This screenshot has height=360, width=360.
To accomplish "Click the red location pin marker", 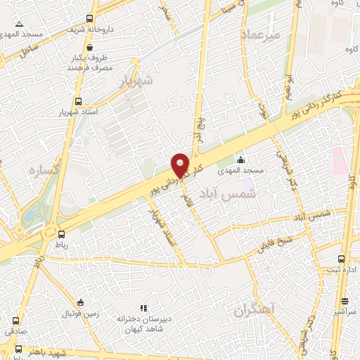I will click(181, 164).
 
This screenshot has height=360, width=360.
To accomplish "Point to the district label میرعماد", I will click(261, 34).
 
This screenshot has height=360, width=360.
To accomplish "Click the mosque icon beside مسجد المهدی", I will click(240, 160).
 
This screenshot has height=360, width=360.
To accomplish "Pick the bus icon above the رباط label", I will click(62, 234).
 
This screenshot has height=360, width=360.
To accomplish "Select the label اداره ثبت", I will click(343, 270).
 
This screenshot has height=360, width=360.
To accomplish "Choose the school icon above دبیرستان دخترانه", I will click(143, 307).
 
